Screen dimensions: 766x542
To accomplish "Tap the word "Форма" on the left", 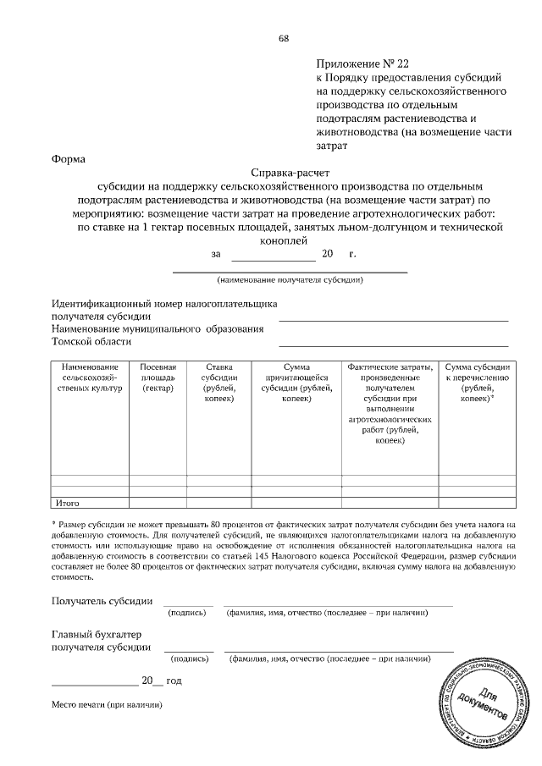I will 68,157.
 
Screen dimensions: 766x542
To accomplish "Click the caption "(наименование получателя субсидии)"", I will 290,279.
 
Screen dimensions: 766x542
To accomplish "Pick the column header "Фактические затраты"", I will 390,403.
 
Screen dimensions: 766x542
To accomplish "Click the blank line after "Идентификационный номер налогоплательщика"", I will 394,321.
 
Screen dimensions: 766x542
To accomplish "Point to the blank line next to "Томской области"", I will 394,345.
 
